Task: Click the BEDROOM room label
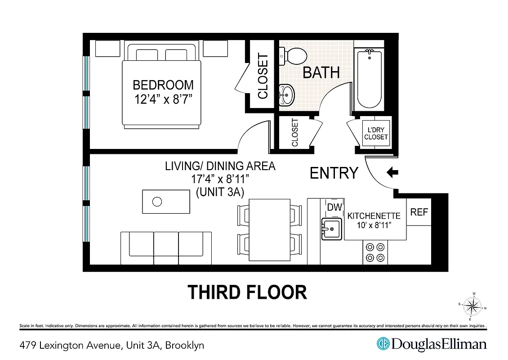(163, 85)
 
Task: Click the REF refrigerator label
(419, 212)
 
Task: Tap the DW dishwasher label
(334, 207)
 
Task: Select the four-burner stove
(375, 252)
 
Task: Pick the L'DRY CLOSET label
(376, 134)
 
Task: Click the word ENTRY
(334, 173)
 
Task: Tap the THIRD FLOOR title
(247, 292)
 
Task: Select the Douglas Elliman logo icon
(383, 344)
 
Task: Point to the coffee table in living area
(166, 202)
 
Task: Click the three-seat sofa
(166, 248)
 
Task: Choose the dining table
(270, 229)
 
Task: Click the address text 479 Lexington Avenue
(70, 346)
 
